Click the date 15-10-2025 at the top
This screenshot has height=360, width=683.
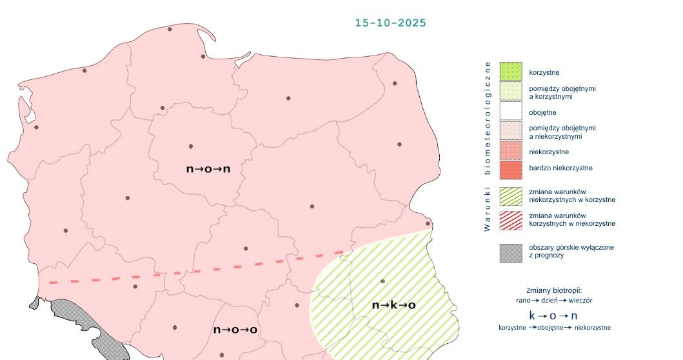(390, 23)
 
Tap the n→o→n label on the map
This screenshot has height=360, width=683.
(208, 169)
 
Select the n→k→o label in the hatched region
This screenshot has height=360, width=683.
(393, 305)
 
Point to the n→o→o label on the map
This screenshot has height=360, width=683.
(235, 330)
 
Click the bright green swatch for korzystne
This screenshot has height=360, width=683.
(510, 72)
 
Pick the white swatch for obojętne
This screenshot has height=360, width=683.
(510, 112)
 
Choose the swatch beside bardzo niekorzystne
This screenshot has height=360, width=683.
(510, 170)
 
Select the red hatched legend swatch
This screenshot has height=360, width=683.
(510, 219)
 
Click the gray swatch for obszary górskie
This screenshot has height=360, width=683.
(510, 252)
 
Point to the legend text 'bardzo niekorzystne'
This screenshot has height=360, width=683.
(560, 168)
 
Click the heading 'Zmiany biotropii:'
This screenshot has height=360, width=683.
(554, 290)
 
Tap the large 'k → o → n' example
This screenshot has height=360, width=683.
(553, 315)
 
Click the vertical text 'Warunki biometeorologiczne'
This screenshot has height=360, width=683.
(488, 146)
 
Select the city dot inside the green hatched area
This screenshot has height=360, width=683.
(382, 281)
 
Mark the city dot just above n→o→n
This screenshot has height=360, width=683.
(191, 146)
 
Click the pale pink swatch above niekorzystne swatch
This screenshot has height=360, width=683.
(510, 131)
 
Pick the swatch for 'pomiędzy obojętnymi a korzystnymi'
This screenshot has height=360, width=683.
(510, 92)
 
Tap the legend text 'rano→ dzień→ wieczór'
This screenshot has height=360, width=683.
(554, 301)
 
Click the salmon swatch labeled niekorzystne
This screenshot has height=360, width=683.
(510, 151)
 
